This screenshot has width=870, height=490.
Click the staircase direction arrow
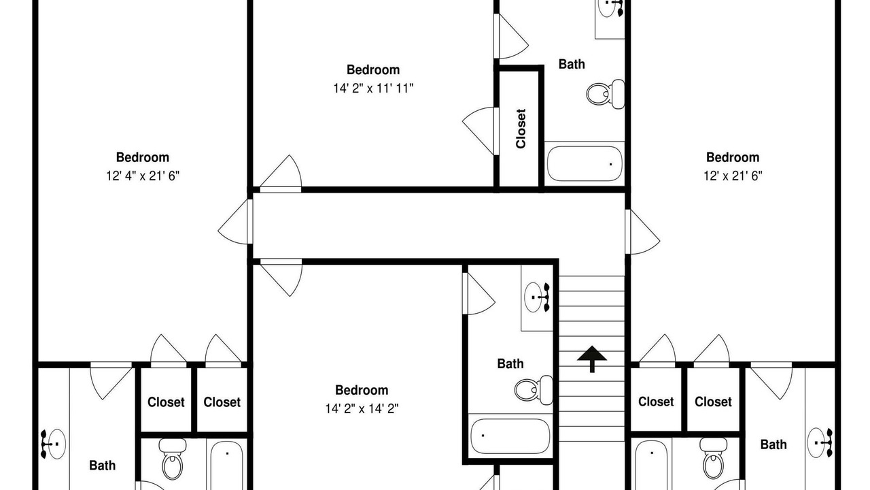tap(591, 359)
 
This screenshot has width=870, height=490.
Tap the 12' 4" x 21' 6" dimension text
tap(143, 176)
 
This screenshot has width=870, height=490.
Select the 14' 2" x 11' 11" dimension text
tap(373, 88)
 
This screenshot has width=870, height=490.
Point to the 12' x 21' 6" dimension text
tap(733, 176)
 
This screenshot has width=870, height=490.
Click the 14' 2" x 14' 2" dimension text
tap(362, 409)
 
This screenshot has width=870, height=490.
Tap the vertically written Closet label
tap(521, 129)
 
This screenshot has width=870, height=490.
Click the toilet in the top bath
tap(606, 94)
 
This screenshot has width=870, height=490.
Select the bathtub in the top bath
tap(585, 164)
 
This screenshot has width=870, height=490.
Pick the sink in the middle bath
tap(537, 297)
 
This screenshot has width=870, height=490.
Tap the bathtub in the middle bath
tap(510, 436)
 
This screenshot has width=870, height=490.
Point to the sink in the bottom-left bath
tap(53, 444)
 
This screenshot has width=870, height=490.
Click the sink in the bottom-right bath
tap(820, 442)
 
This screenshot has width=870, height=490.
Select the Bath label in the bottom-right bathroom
tap(773, 444)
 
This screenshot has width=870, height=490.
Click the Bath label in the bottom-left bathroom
tap(102, 465)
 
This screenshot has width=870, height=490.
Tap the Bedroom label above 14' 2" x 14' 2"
tap(362, 390)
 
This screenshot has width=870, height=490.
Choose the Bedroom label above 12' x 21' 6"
tap(733, 157)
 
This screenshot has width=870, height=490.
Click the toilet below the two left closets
tap(173, 459)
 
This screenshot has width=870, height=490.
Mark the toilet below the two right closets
tap(714, 458)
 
